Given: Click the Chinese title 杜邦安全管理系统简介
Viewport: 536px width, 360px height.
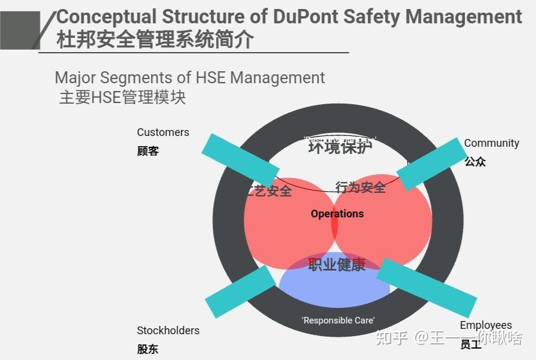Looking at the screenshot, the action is tap(155, 40).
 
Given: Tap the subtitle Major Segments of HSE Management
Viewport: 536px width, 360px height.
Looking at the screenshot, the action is tap(190, 78).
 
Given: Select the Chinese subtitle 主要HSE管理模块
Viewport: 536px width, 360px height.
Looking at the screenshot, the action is tap(122, 97).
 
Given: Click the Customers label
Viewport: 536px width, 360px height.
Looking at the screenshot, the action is tap(163, 132).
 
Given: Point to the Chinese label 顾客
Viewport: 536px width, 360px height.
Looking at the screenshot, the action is tap(148, 151).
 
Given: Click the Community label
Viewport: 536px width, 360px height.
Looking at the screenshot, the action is tap(492, 143).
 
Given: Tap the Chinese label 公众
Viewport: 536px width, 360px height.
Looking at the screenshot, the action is tap(475, 162).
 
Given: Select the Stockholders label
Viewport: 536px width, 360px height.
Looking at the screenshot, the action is tap(168, 331).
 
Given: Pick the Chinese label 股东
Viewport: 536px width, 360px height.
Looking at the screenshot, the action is tap(148, 349).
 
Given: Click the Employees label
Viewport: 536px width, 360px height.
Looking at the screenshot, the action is tap(486, 326).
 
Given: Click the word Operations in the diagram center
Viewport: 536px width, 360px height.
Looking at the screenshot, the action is tap(337, 214).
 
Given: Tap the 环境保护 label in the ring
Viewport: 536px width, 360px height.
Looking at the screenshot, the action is tap(340, 147).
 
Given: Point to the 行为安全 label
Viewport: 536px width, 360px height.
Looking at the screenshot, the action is tap(361, 188).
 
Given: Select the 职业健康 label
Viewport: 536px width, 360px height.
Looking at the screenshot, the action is tap(337, 264).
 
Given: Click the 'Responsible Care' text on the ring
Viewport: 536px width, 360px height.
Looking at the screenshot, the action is tap(338, 320).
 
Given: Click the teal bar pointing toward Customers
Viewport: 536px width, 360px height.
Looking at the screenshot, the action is tap(240, 159).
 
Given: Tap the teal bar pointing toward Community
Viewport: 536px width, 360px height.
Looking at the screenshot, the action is tap(431, 164).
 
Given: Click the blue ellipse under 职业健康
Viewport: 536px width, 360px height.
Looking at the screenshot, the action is tap(335, 291).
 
